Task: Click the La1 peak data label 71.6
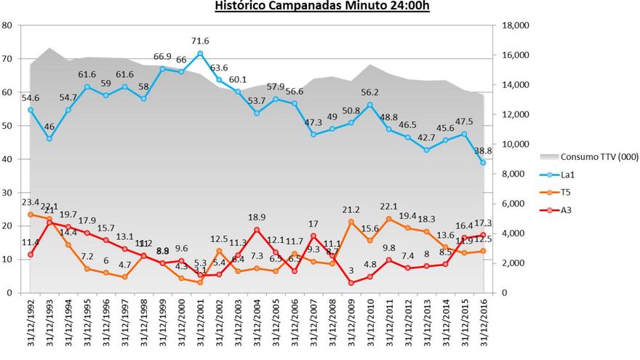[200, 41]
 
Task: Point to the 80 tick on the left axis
[8, 25]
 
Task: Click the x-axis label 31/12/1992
[31, 324]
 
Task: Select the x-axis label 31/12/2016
[483, 324]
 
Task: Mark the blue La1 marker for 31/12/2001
[200, 53]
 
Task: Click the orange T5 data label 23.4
[31, 203]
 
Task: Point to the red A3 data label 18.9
[257, 217]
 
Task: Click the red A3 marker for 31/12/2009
[351, 283]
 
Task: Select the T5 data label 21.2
[351, 210]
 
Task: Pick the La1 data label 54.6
[31, 97]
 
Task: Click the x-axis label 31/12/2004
[257, 324]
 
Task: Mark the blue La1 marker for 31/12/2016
[483, 163]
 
